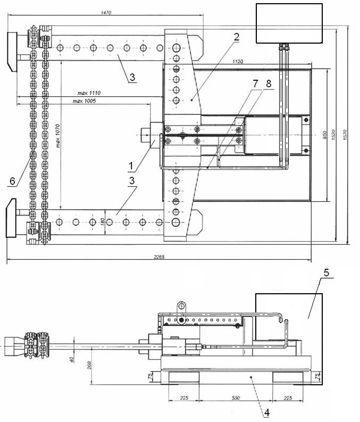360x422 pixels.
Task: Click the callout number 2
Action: point(236,37)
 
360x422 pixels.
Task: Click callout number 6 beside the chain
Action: point(12,181)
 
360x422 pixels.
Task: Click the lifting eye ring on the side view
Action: point(181,306)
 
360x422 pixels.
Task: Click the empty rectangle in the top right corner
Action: point(289,23)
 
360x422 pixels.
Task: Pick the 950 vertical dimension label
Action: point(324,134)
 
